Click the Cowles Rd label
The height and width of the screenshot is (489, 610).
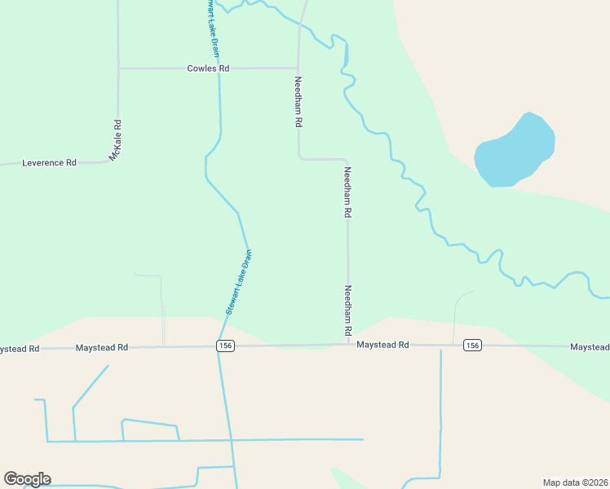208,68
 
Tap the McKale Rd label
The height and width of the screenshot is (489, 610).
117,139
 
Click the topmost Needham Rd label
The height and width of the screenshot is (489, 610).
298,102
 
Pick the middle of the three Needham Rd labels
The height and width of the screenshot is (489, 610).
347,192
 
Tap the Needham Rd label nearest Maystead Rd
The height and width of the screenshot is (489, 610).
347,311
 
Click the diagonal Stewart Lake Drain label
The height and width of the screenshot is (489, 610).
238,282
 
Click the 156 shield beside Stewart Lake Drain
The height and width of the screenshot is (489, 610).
224,346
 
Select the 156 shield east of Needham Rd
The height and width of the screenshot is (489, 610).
472,346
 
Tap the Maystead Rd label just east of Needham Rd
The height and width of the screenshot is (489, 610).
382,346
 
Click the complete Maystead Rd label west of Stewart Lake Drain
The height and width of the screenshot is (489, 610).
102,348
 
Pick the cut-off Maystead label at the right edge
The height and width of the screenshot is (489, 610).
590,347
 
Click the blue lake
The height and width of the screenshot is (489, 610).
515,151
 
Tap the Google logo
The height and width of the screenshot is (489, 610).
27,479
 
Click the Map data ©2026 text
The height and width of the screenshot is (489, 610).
575,482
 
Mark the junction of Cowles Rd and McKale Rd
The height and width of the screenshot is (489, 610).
119,68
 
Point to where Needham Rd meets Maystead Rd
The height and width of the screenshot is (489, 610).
348,345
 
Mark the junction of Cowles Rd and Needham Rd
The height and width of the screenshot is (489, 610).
298,68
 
